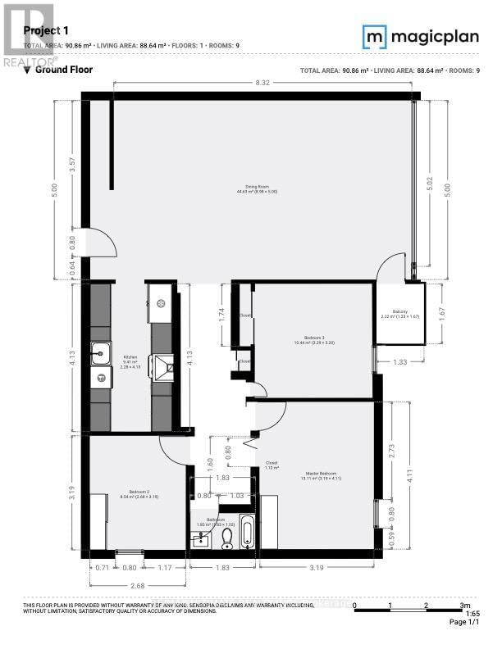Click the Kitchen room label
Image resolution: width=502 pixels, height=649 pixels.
pos(130,358)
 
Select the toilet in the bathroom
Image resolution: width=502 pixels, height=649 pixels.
pos(228,537)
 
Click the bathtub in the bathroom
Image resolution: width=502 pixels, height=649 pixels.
pos(248,533)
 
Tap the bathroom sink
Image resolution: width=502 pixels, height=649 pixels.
pos(200,539)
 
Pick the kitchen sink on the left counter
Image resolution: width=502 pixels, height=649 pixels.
pos(102,352)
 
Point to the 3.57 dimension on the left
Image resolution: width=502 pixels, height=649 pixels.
pos(72,163)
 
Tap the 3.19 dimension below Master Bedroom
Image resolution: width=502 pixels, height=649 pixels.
pos(316,566)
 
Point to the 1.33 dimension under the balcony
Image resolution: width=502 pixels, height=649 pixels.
pos(399,361)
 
